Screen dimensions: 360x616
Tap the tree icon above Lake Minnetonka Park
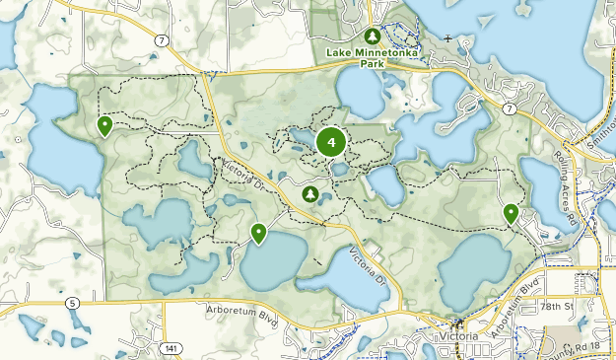(373, 35)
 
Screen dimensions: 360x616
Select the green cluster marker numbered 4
(331, 142)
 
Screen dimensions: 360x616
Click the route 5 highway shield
(72, 304)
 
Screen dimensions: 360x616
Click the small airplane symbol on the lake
(448, 39)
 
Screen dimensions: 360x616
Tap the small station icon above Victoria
(456, 323)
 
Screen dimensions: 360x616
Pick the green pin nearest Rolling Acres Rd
(511, 212)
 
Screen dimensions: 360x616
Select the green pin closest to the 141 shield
(258, 233)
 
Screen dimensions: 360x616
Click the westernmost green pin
(104, 125)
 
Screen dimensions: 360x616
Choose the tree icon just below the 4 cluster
(310, 194)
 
